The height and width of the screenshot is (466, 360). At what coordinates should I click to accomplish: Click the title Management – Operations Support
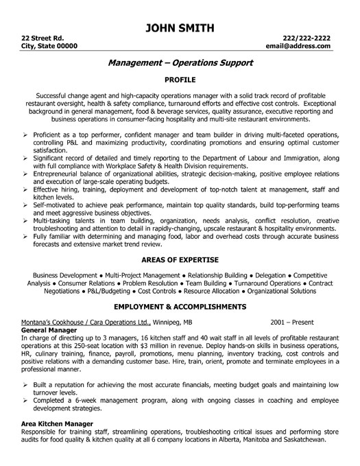click(180, 63)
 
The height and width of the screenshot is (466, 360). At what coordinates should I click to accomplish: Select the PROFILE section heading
click(180, 79)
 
